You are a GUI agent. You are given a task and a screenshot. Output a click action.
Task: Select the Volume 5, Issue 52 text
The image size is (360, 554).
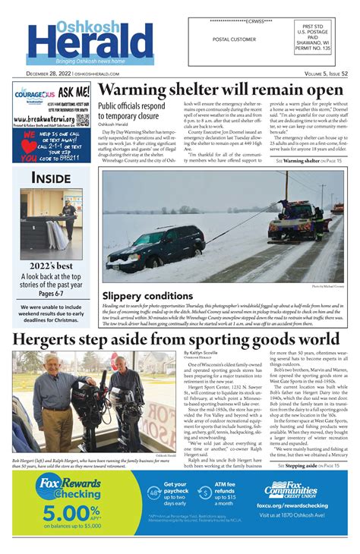click(x=316, y=73)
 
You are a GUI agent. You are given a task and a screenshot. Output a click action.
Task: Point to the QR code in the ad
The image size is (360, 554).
click(x=82, y=120)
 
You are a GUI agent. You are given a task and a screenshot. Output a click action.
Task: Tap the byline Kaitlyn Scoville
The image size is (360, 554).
click(x=201, y=353)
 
